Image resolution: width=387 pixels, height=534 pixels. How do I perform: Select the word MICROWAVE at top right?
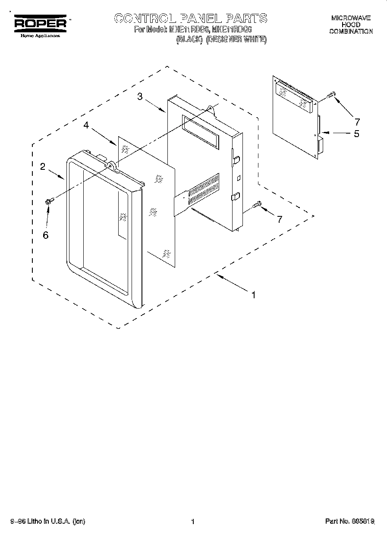click(x=351, y=19)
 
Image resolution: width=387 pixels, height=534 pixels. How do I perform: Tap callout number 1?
click(x=254, y=295)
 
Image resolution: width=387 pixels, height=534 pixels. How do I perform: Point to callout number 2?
click(x=43, y=167)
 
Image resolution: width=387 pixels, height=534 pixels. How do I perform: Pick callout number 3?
click(x=140, y=97)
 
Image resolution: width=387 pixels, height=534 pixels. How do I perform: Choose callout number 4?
click(x=86, y=125)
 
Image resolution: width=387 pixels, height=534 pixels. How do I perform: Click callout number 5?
click(x=356, y=134)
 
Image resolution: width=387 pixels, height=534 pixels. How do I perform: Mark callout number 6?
click(x=45, y=235)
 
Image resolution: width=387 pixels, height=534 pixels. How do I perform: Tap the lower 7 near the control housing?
click(x=279, y=219)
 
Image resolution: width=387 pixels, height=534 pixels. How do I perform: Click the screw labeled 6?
click(x=49, y=200)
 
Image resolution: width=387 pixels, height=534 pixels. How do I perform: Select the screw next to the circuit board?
click(x=332, y=94)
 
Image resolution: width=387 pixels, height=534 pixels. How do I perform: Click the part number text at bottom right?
click(x=349, y=522)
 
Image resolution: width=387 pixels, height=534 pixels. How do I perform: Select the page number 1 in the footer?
click(x=193, y=522)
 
